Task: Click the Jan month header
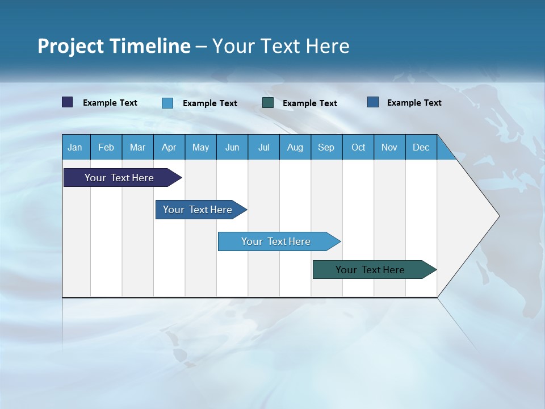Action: tap(75, 147)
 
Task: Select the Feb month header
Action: tap(106, 147)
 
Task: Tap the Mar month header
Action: tap(137, 147)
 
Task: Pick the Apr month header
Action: tap(169, 147)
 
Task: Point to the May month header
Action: tap(200, 147)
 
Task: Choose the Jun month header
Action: tap(232, 147)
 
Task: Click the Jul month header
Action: tap(263, 147)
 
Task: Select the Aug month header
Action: tap(295, 147)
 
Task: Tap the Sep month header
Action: tap(326, 147)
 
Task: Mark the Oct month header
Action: tap(358, 147)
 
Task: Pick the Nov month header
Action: tap(389, 147)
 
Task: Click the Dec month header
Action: tap(421, 147)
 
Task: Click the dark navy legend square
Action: tap(68, 102)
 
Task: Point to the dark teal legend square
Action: tap(268, 103)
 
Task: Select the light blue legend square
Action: tap(167, 103)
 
